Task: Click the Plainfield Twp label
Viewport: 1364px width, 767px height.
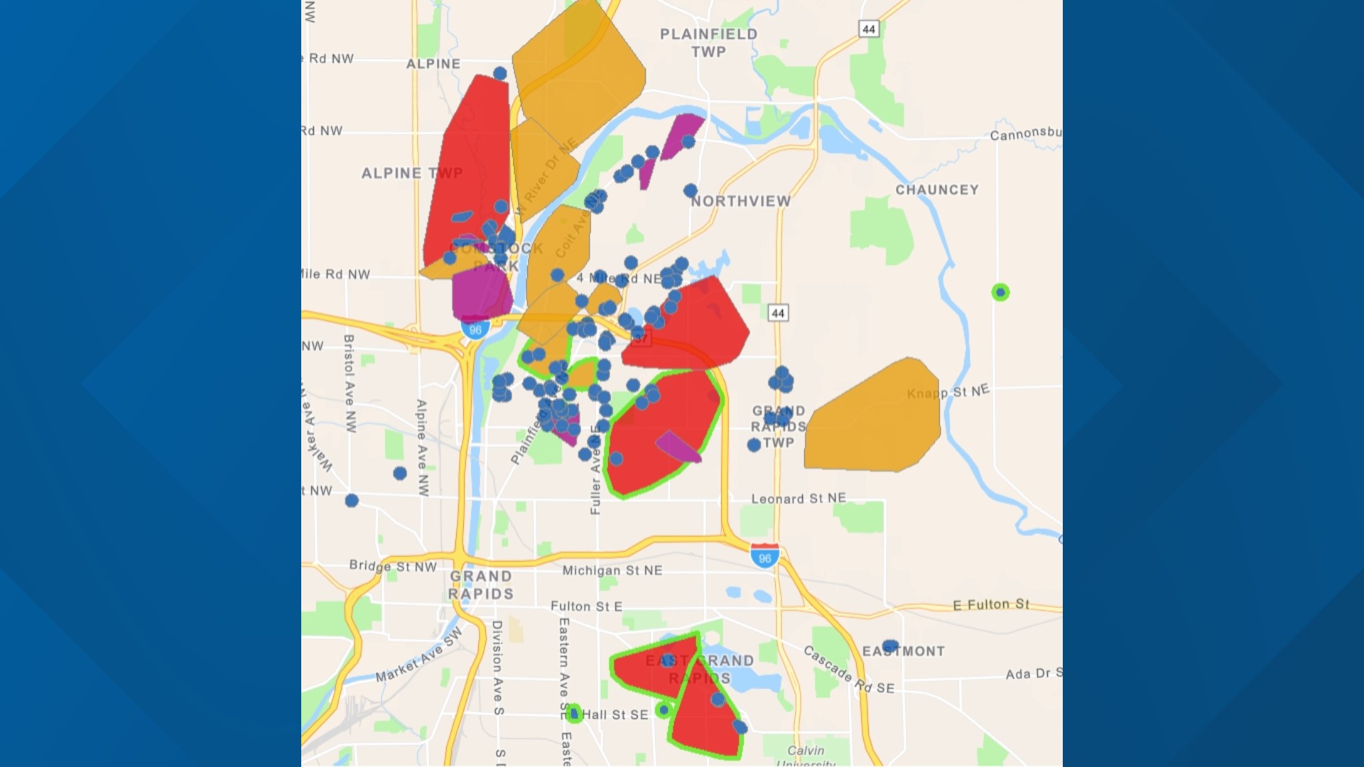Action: tap(708, 43)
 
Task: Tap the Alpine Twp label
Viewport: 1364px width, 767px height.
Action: tap(411, 173)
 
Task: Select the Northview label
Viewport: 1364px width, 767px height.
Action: tap(741, 202)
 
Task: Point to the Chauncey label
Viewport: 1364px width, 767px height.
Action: tap(937, 190)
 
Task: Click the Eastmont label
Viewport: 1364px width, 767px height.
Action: tap(904, 651)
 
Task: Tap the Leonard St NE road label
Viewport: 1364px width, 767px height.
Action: tap(799, 499)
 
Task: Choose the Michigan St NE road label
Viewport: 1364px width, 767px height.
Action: tap(612, 570)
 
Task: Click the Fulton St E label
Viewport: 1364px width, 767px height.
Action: tap(586, 606)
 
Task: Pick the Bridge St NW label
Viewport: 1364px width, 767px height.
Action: tap(393, 567)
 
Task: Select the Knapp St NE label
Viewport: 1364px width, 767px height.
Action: tap(948, 392)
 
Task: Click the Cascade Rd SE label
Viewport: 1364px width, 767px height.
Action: tap(848, 670)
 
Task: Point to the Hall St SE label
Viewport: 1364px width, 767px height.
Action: tap(615, 714)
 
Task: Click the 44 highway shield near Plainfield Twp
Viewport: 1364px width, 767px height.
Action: tap(868, 29)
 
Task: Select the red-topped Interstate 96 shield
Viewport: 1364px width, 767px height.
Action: tap(764, 556)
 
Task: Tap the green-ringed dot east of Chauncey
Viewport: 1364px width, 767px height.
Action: tap(1000, 292)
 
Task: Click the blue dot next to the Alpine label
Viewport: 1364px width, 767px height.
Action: tap(500, 73)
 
